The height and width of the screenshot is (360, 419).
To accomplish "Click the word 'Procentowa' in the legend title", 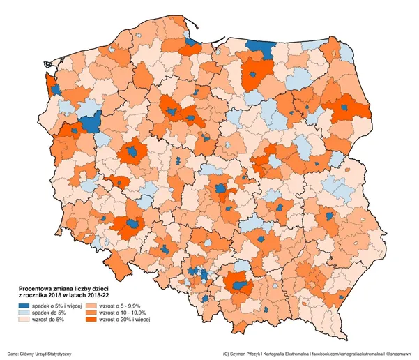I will point(35,288).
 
